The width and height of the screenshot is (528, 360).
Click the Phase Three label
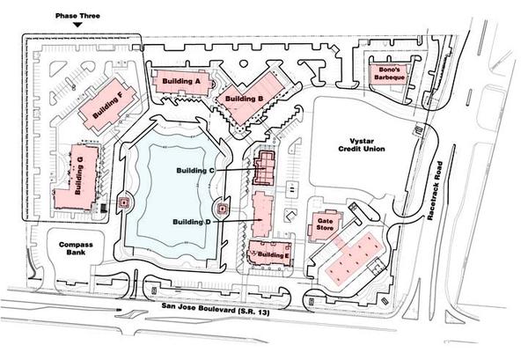coord(77,16)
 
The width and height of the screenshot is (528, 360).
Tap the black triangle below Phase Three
coord(77,25)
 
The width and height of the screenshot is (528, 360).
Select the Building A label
coord(181,81)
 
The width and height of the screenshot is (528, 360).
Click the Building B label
coord(244,99)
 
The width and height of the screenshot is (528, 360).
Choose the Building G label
coord(78,175)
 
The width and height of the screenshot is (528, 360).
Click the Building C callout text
coord(195,171)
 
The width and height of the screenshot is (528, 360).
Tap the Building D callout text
coord(192,222)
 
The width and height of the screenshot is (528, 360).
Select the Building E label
coord(273,255)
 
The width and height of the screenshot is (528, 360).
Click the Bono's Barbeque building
coord(388,73)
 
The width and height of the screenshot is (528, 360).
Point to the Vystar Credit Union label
coord(362,145)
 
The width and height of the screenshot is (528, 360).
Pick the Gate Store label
coord(325,224)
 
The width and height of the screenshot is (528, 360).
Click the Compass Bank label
coord(76,248)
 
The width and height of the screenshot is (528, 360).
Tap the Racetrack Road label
coord(435,191)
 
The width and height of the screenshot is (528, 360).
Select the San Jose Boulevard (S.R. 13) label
coord(216,309)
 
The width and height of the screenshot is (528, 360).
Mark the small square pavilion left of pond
coord(125,202)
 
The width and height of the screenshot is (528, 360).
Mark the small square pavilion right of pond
coord(223,209)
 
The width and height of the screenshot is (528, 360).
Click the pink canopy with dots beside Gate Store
coord(355,258)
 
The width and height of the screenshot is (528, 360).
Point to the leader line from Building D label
coord(238,221)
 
